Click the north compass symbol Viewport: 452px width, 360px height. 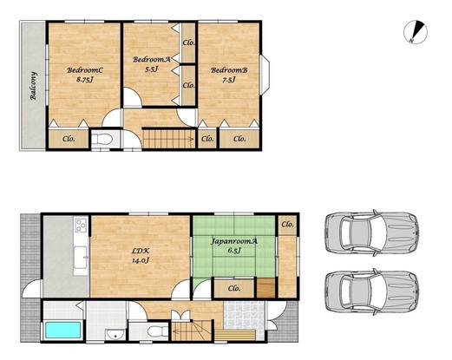point(416,32)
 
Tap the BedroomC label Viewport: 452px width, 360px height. point(85,70)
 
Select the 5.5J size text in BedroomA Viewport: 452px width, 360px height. point(152,69)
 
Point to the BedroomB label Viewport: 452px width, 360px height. point(229,70)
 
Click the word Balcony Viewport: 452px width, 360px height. point(34,86)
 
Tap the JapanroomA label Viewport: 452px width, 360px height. point(234,241)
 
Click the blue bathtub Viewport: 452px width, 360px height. point(63,330)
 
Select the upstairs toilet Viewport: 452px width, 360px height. point(104,140)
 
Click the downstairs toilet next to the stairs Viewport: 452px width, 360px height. point(158,331)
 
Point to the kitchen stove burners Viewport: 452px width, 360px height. point(81,226)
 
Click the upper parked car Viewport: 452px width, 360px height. point(372,233)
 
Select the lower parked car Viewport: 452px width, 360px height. point(372,291)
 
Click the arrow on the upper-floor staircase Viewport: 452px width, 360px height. point(169,140)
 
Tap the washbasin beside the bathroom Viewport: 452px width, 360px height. point(115,335)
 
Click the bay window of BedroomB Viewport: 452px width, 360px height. point(265,75)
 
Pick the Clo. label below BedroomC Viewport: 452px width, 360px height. point(69,139)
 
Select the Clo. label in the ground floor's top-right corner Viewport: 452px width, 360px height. point(287,224)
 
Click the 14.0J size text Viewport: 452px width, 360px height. point(141,260)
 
